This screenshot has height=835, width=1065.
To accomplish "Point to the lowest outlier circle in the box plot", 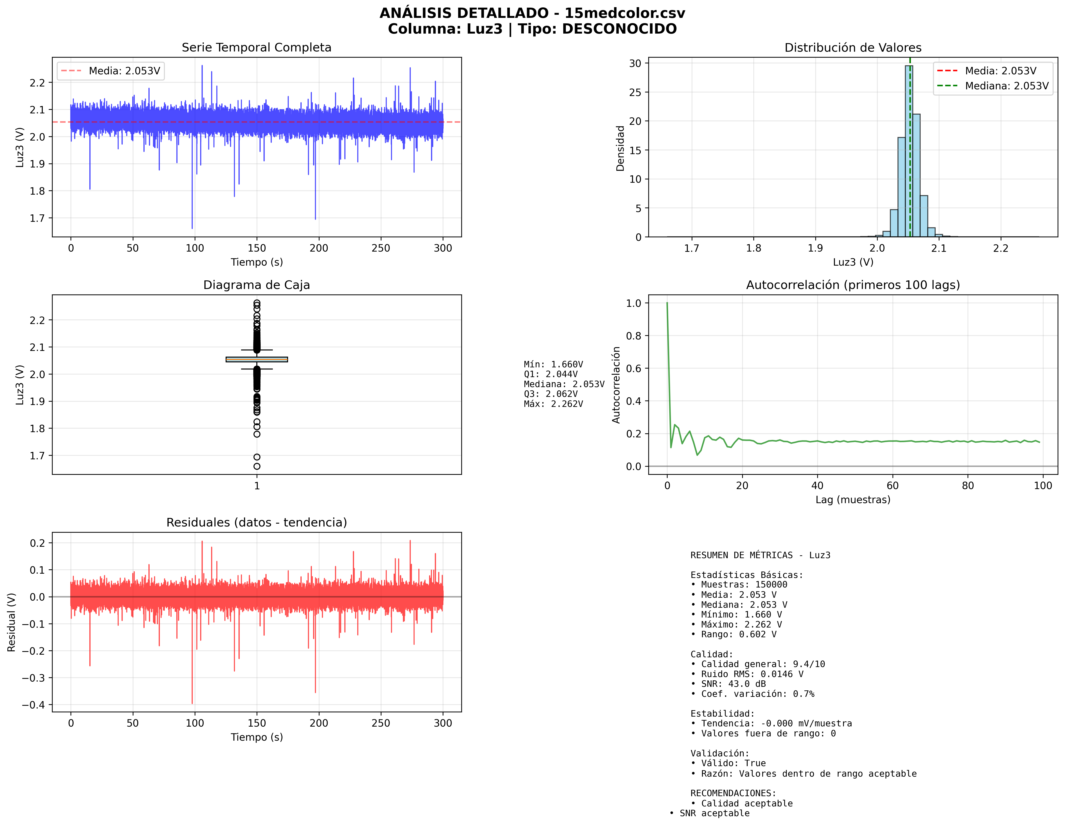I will pyautogui.click(x=257, y=466).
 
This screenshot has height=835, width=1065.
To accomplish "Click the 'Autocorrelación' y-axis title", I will pyautogui.click(x=616, y=385).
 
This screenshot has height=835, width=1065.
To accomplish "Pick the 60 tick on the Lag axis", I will pyautogui.click(x=893, y=486).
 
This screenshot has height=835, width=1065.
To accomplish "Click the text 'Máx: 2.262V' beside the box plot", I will pyautogui.click(x=553, y=404).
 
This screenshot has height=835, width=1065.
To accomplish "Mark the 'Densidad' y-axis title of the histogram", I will pyautogui.click(x=620, y=148).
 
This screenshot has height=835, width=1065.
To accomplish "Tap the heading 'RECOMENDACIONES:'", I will pyautogui.click(x=733, y=793).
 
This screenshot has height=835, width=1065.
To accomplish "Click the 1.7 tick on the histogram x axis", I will pyautogui.click(x=691, y=248).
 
